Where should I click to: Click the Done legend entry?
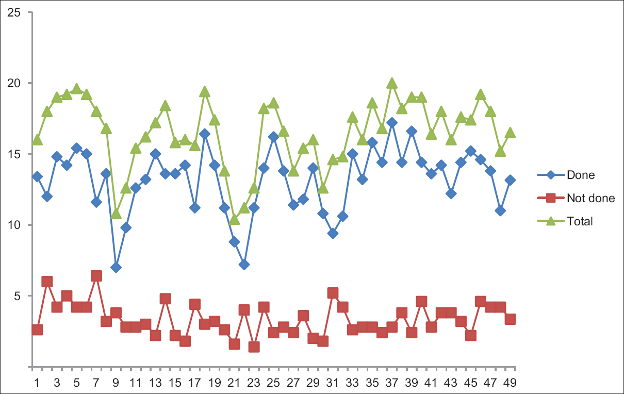point(580,175)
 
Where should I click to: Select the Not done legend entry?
point(590,198)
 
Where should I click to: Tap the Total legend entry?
point(580,221)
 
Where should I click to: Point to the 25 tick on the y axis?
point(14,12)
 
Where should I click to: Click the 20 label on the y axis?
point(14,83)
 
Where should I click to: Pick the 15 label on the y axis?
point(14,154)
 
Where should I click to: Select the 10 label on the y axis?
point(14,225)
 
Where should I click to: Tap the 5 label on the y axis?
point(17,296)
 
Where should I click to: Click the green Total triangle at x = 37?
point(392,83)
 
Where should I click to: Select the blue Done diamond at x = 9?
point(116,267)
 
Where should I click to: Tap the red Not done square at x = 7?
point(96,276)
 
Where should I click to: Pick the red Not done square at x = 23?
point(254,347)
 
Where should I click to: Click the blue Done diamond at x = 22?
point(244,265)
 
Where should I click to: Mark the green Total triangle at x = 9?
point(116,214)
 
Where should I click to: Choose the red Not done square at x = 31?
point(333,293)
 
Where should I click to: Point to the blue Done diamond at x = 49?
point(510,180)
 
